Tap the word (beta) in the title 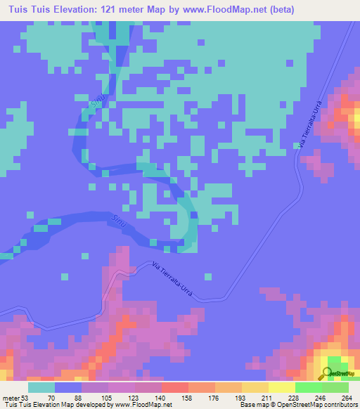tap(276, 9)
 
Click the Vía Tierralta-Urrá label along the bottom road tap(172, 277)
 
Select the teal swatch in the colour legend tap(41, 387)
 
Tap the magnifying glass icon tap(326, 373)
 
